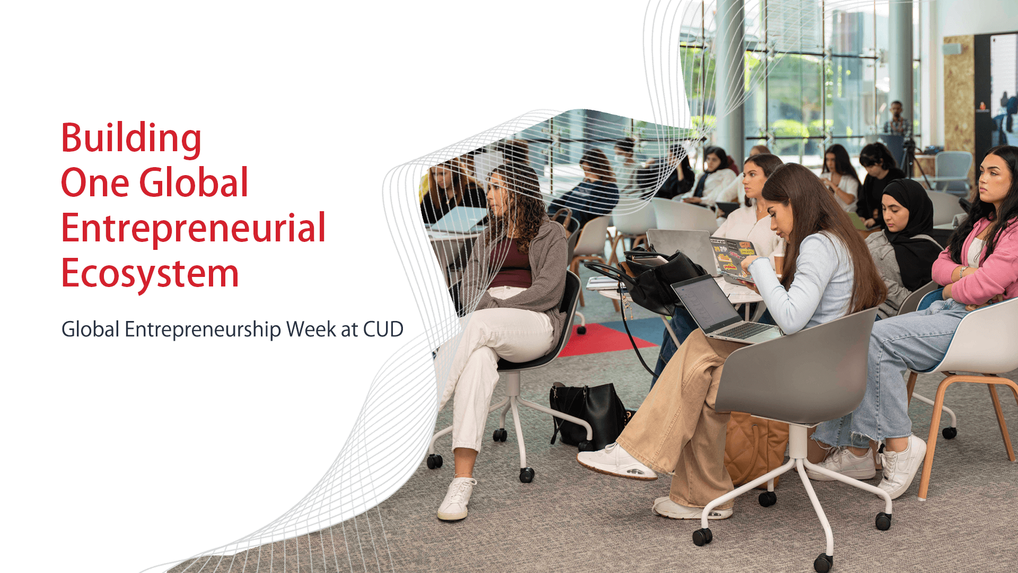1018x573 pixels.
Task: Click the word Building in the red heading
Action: pyautogui.click(x=131, y=138)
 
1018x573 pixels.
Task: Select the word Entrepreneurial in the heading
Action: pyautogui.click(x=193, y=228)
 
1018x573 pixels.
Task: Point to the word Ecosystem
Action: pyautogui.click(x=150, y=274)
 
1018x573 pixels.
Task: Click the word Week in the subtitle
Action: pyautogui.click(x=311, y=329)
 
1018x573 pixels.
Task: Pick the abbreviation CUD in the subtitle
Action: pyautogui.click(x=383, y=329)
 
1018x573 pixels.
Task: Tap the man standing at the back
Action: pyautogui.click(x=897, y=119)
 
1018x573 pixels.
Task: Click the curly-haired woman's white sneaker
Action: pyautogui.click(x=456, y=499)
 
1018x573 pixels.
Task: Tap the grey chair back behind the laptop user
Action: pyautogui.click(x=795, y=366)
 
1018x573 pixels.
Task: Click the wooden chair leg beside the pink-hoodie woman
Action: pyautogui.click(x=933, y=435)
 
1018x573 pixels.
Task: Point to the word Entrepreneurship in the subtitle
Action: pyautogui.click(x=203, y=329)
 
